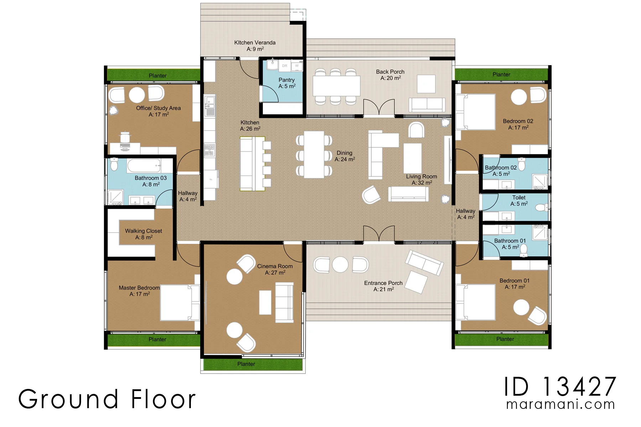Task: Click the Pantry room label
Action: coord(287,83)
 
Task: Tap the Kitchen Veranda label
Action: coord(255,46)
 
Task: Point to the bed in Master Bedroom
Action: coord(180,302)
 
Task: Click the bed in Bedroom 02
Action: coord(475,112)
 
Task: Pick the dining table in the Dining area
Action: coord(314,154)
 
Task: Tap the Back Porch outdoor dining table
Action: coord(337,86)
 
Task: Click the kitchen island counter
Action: coord(252,164)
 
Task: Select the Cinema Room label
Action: coord(275,269)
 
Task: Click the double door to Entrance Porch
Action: coord(379,234)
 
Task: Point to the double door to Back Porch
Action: coord(379,107)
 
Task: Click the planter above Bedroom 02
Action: coord(501,74)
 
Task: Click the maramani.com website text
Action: coord(561,405)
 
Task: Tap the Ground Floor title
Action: coord(107,399)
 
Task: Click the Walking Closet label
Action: coord(144,234)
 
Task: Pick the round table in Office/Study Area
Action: coord(137,95)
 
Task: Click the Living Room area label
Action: coord(422,179)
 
